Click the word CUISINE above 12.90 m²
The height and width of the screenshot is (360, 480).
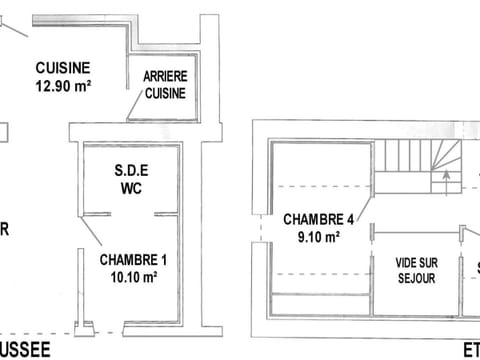[x=63, y=68]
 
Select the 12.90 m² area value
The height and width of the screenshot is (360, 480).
[x=63, y=86]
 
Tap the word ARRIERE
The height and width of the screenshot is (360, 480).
[x=164, y=76]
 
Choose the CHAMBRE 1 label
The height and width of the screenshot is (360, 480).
[x=133, y=260]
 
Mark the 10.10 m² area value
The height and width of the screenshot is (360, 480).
[x=133, y=277]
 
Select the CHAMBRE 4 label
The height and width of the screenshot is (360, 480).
[x=319, y=220]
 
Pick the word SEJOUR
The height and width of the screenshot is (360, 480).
[x=416, y=279]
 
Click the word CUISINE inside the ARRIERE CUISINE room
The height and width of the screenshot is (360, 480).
[x=164, y=93]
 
